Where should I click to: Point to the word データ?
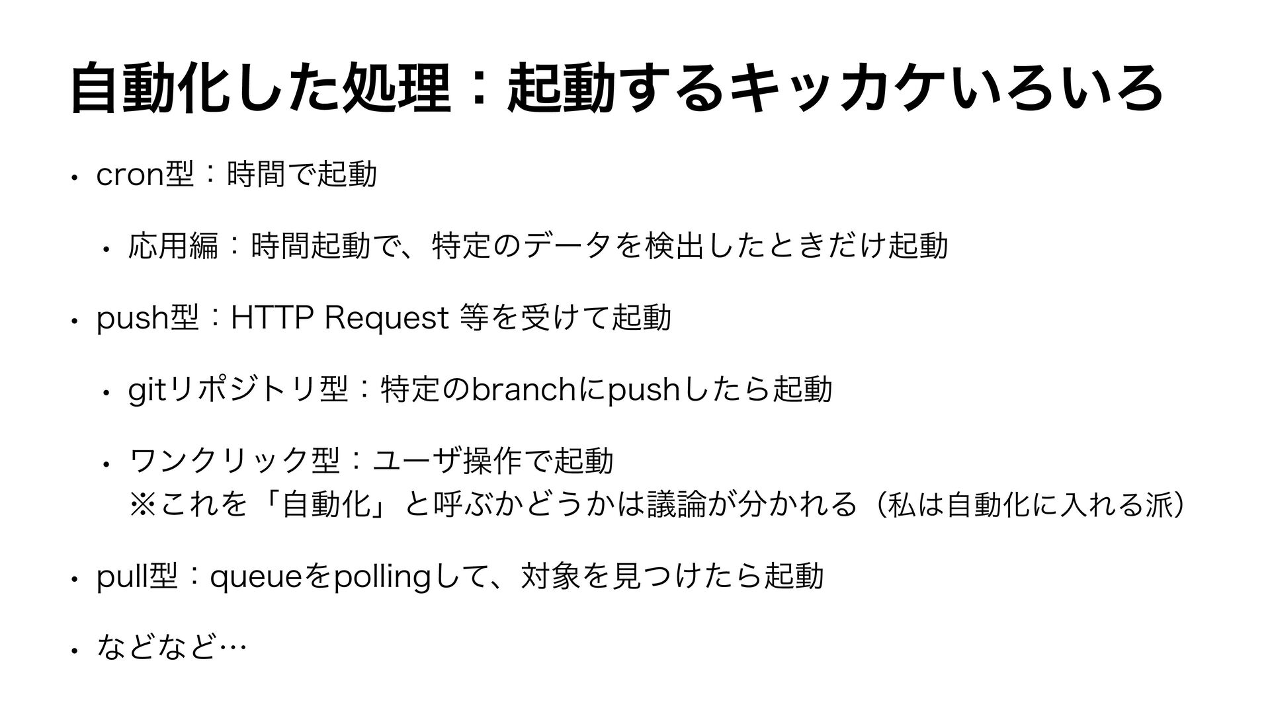(x=570, y=245)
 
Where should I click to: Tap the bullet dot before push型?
(x=77, y=321)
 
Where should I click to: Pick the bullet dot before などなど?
(x=77, y=651)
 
